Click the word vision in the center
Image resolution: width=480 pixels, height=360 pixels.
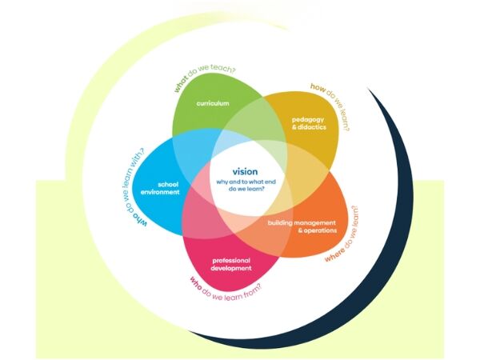coord(245,172)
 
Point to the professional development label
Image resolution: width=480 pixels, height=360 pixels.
coord(232,264)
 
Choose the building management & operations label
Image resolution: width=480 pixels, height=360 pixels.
coord(302,226)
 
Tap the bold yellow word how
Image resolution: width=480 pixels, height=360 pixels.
coord(316,87)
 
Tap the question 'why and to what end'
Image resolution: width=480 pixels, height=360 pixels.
coord(245,182)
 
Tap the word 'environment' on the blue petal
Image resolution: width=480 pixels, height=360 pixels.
coord(160,194)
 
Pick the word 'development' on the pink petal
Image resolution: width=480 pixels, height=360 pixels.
coord(232,268)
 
